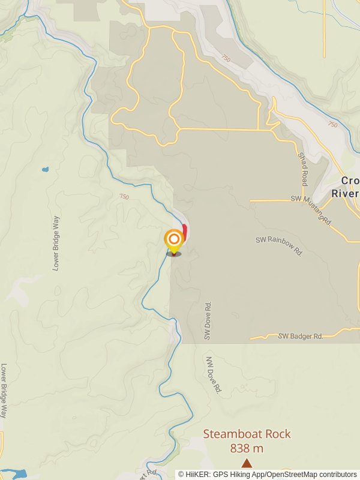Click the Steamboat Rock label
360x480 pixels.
[247, 434]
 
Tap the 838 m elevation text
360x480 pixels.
[247, 448]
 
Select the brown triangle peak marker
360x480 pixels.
[247, 463]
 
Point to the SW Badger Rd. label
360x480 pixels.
[301, 337]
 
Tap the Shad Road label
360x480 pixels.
[304, 169]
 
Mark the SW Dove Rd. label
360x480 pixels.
[208, 320]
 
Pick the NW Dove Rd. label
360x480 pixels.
[214, 375]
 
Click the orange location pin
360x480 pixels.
[174, 241]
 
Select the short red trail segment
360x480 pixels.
[185, 232]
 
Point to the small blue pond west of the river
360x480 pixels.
[45, 170]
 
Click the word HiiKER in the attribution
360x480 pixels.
[196, 474]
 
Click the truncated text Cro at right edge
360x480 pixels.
[350, 181]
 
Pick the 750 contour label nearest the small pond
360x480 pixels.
[124, 197]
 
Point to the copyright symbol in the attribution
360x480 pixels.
[181, 474]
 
